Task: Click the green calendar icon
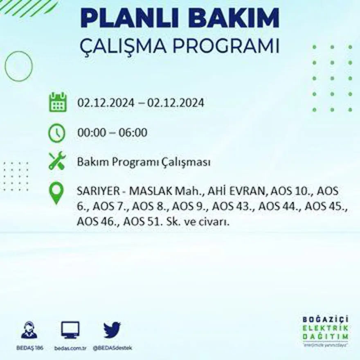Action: click(58, 102)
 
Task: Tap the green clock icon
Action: click(57, 133)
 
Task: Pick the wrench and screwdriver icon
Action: click(57, 161)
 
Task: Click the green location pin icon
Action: click(56, 193)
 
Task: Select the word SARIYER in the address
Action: click(96, 191)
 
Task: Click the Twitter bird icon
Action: click(112, 330)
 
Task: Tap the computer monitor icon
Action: click(70, 330)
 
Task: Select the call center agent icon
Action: click(29, 330)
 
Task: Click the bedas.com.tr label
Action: click(70, 348)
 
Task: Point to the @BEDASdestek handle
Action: click(112, 348)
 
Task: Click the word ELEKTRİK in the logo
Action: click(326, 327)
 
